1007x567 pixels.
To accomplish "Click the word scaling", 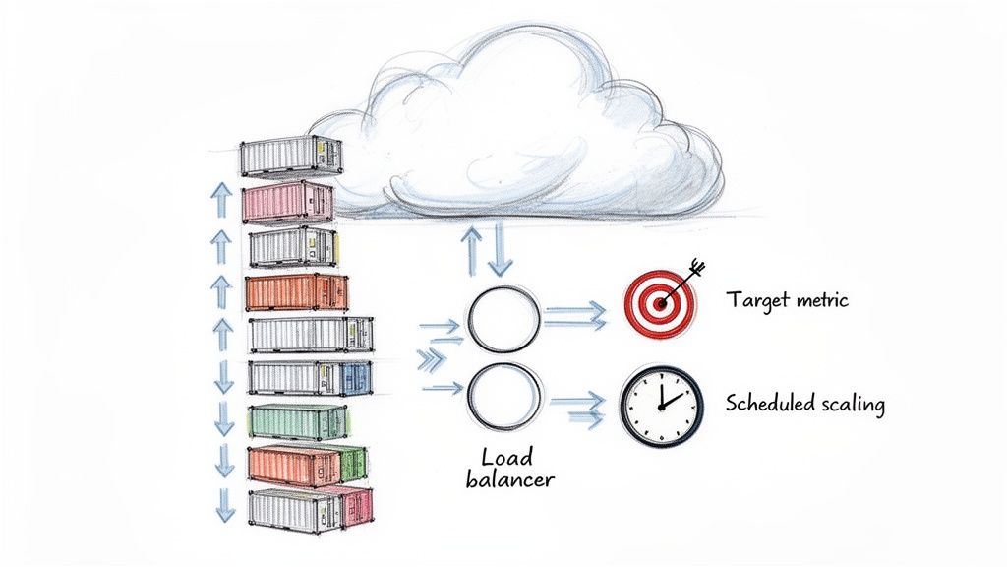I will (x=851, y=404).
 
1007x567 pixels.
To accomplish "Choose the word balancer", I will (x=506, y=479).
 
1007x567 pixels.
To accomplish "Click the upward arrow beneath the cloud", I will (x=472, y=251).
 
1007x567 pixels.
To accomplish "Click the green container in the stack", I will (x=296, y=421).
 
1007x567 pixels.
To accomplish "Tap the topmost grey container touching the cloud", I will (x=291, y=156).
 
